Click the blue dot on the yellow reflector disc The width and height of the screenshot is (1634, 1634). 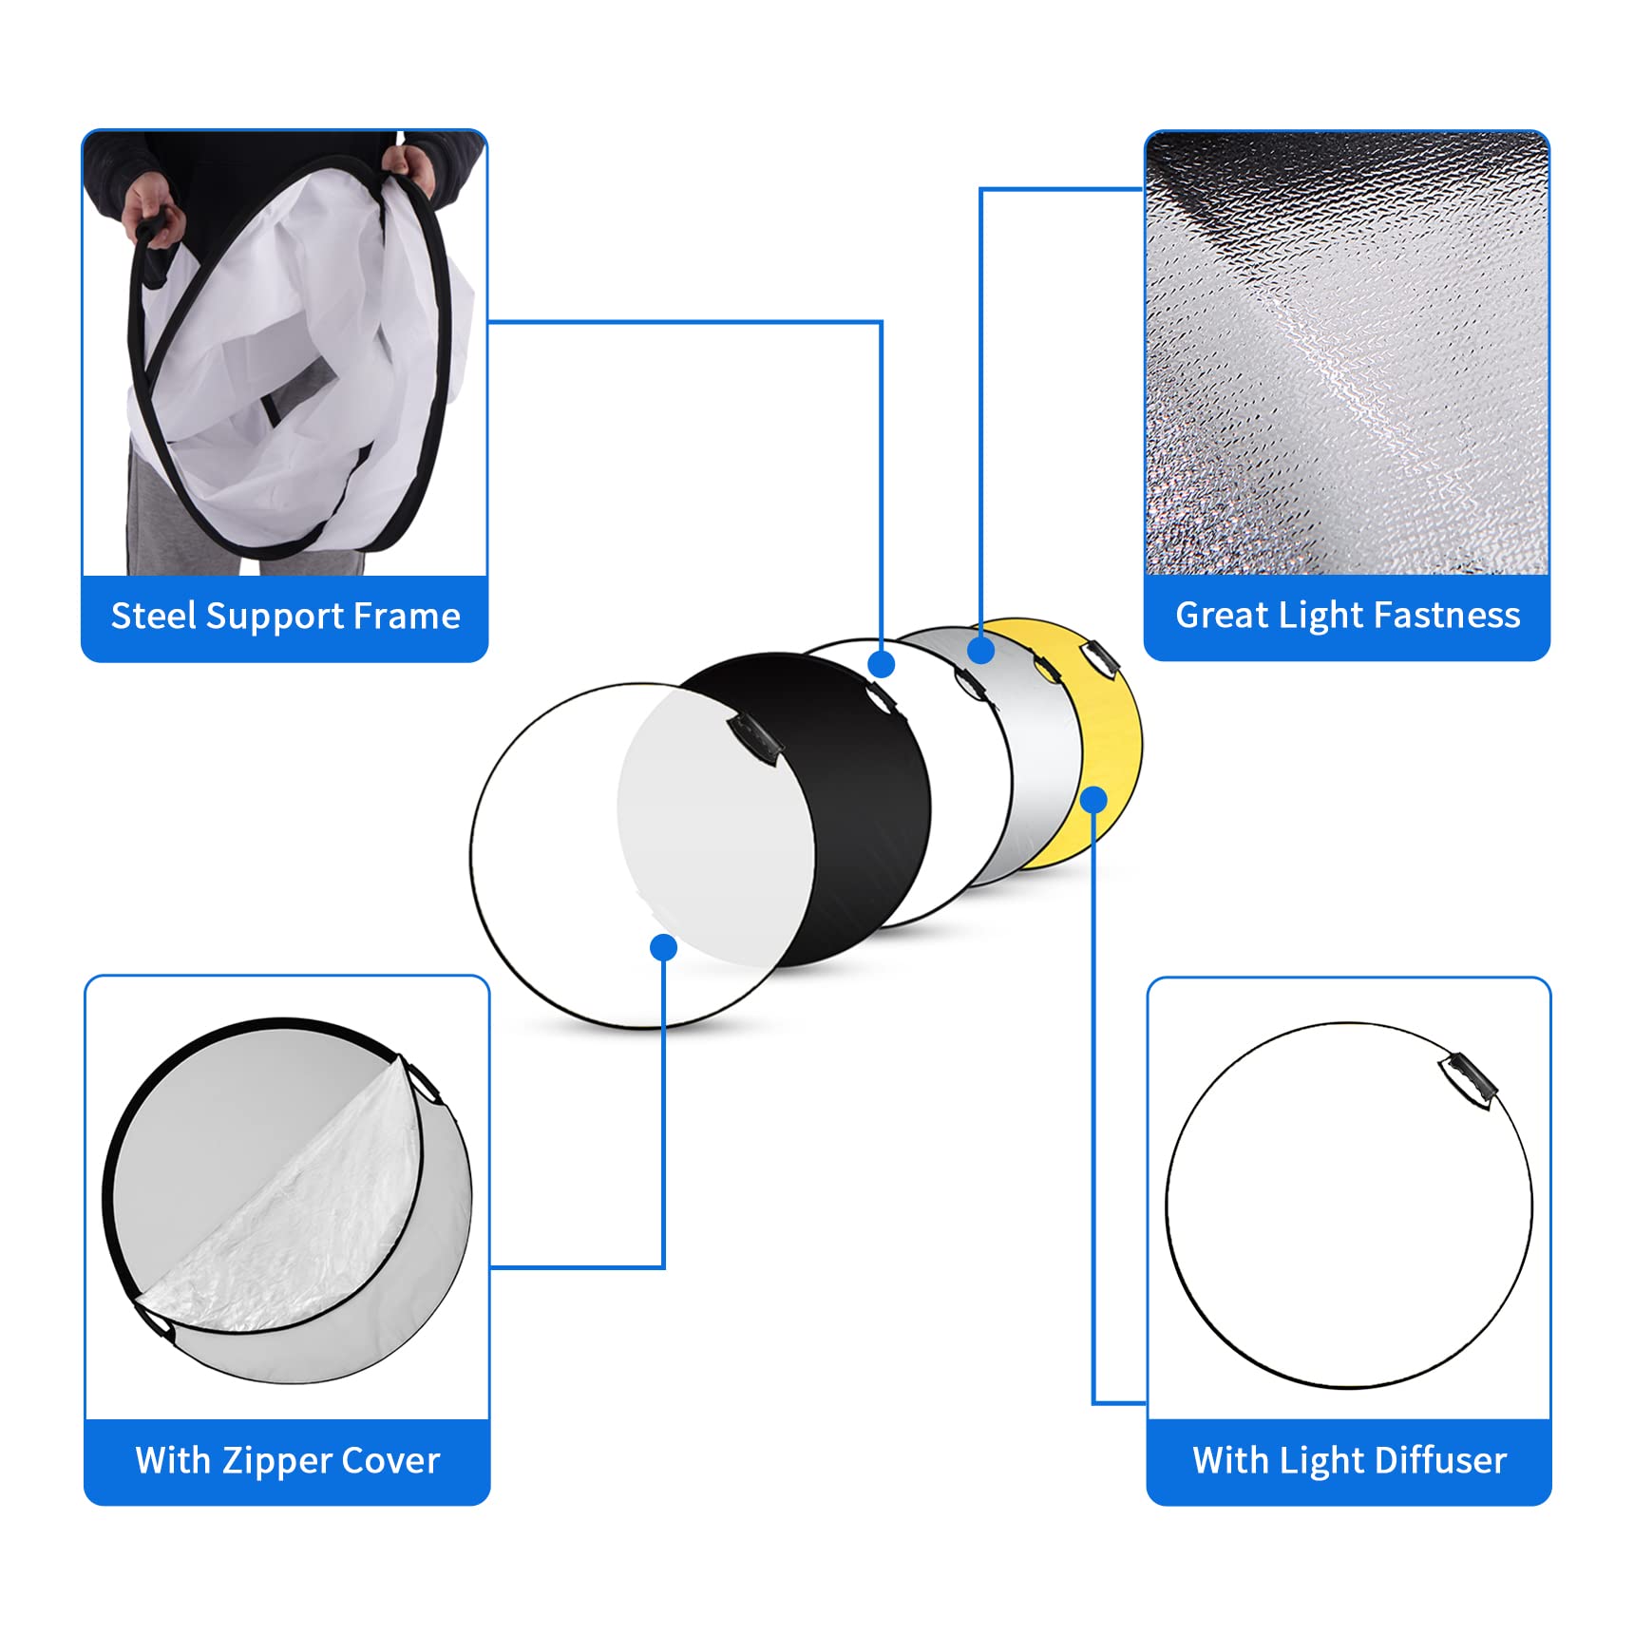click(1093, 799)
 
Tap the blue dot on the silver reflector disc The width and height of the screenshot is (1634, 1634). click(980, 650)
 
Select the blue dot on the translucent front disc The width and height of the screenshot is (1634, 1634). click(663, 947)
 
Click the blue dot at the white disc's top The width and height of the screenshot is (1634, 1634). click(882, 664)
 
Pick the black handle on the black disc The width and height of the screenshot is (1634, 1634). click(754, 738)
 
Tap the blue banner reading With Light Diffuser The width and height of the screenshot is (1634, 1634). click(1349, 1461)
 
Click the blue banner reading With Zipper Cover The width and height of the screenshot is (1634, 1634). click(287, 1461)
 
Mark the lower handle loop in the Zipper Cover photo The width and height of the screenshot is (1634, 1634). click(154, 1322)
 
